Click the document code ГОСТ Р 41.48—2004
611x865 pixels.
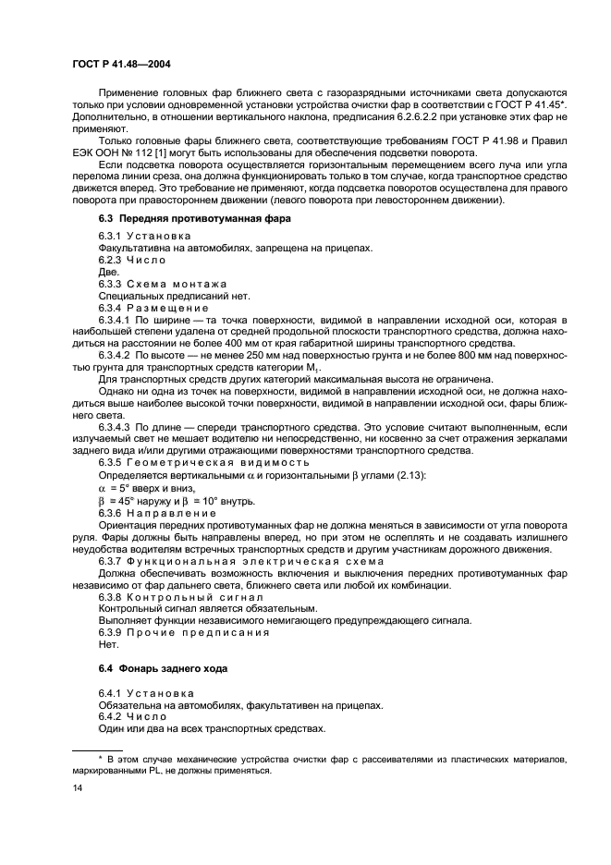(x=118, y=63)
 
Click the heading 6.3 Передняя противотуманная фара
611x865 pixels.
(x=194, y=219)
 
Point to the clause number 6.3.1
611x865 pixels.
(x=113, y=237)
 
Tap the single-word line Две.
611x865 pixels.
(x=108, y=273)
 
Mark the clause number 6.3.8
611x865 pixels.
(x=113, y=596)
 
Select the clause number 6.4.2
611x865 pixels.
(x=113, y=716)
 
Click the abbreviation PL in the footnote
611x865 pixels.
(x=167, y=770)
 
